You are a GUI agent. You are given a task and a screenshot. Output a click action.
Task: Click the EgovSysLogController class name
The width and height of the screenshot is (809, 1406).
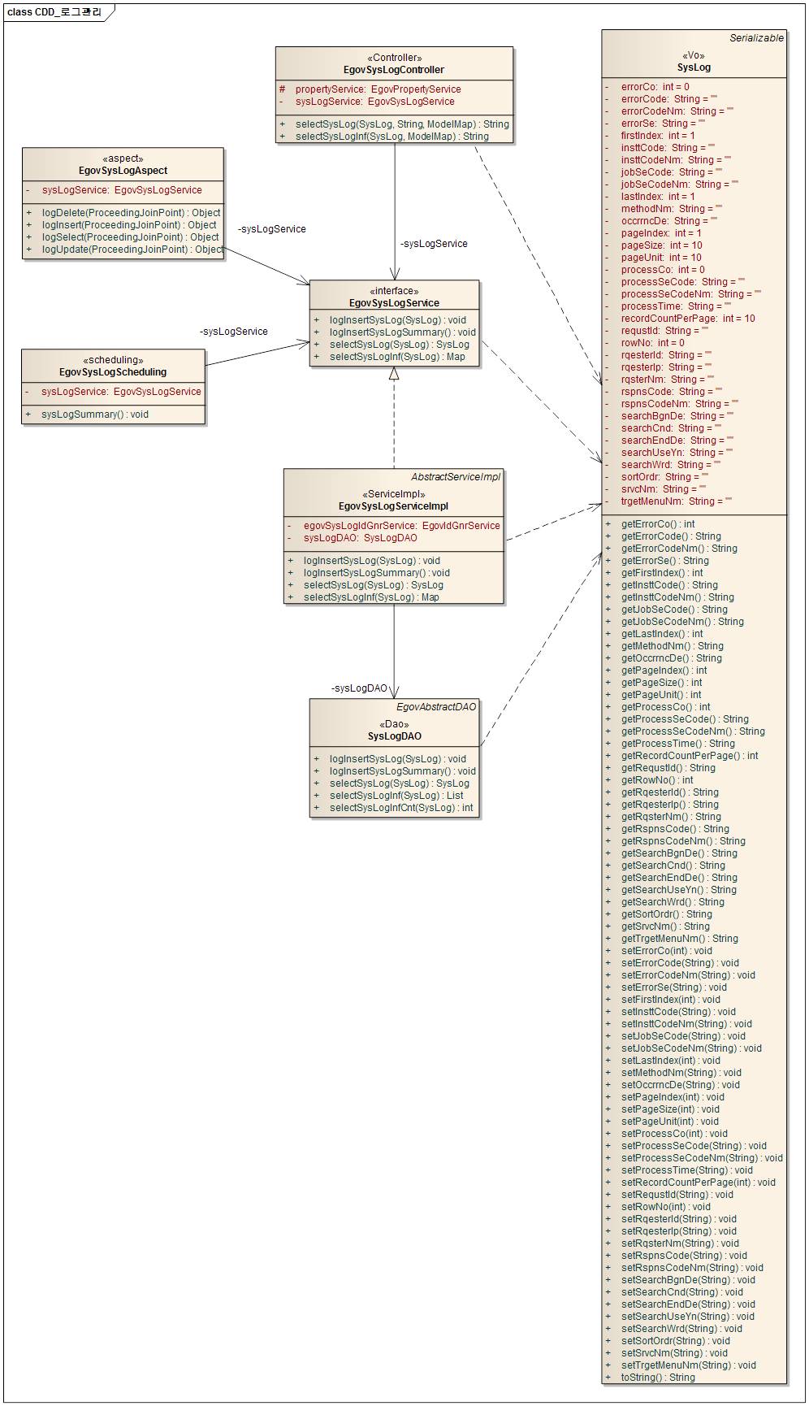394,70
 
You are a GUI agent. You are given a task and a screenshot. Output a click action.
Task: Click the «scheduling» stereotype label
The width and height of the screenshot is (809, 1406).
113,360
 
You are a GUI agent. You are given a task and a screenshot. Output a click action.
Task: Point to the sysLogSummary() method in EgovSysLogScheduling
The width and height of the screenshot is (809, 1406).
94,414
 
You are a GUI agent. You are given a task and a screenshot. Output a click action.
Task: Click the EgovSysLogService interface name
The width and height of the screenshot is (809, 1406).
394,303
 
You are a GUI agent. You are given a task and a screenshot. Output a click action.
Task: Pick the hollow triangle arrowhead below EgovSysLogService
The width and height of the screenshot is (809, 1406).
394,373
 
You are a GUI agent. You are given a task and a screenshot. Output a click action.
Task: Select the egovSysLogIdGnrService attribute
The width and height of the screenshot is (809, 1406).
401,526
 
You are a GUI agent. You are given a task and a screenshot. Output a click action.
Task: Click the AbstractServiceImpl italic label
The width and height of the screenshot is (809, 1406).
456,477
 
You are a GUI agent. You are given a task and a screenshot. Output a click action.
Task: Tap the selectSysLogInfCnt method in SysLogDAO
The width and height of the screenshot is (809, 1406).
400,808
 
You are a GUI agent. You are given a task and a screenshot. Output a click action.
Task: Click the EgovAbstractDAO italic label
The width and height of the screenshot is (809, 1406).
436,707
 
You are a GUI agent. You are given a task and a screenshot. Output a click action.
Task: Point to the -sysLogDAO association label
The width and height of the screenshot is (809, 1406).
359,688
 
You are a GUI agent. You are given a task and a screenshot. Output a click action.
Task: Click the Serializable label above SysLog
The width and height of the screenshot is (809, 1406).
756,38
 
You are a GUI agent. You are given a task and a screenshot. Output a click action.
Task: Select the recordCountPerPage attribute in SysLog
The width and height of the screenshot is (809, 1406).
688,319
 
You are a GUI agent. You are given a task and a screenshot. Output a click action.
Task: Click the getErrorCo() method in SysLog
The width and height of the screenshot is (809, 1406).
658,524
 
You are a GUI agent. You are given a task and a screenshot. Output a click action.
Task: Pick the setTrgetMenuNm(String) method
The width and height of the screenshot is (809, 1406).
688,1365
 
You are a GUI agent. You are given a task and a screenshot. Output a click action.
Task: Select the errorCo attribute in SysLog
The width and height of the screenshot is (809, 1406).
655,87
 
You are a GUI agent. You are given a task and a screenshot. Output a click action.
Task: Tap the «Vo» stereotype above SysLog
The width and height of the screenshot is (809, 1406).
694,56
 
